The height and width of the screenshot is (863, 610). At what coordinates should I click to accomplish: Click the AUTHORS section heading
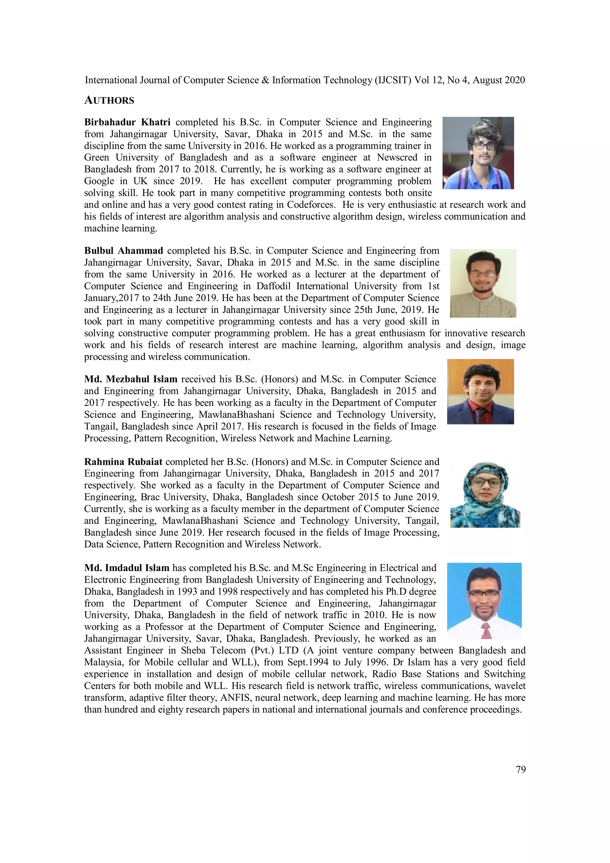click(109, 100)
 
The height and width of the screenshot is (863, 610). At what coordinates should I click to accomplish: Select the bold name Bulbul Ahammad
click(124, 251)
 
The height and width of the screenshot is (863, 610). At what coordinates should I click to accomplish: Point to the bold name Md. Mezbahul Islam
click(130, 379)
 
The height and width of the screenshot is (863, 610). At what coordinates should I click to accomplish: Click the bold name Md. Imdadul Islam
click(127, 568)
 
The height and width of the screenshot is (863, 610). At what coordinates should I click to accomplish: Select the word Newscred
click(397, 157)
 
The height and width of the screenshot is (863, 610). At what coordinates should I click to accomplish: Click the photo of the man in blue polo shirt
click(478, 153)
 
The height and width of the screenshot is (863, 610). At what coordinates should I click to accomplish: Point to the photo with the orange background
click(480, 392)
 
